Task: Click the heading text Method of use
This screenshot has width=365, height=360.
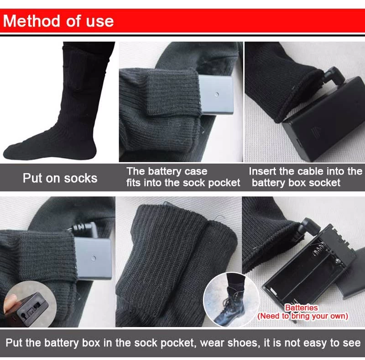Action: coord(58,21)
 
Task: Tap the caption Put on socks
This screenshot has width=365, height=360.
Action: coord(60,178)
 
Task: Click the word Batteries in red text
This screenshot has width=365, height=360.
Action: coord(301,308)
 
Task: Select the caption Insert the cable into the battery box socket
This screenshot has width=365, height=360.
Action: coord(305,177)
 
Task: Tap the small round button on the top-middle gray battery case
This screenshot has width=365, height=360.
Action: coord(217,95)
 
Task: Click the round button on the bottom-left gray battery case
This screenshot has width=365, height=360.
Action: coord(94,258)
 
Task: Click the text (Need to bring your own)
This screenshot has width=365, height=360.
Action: coord(302,316)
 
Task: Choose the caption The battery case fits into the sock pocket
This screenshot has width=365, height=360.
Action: coord(183,177)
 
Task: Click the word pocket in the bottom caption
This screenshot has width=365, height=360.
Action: coord(177,343)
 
